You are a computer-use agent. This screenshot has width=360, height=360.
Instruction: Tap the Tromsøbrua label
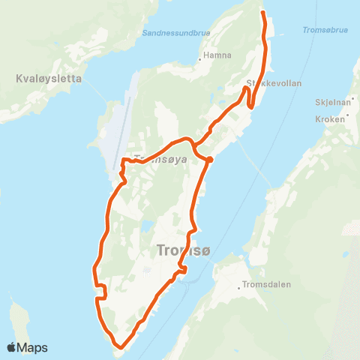pos(324,31)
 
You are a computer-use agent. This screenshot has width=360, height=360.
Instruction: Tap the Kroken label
pos(334,119)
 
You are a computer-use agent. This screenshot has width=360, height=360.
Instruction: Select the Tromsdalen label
pos(265,285)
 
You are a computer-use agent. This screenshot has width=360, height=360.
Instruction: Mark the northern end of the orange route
pos(262,12)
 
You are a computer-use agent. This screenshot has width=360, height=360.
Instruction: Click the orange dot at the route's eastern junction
pos(210,159)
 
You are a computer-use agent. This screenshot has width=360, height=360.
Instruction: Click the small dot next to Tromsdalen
pos(238,286)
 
